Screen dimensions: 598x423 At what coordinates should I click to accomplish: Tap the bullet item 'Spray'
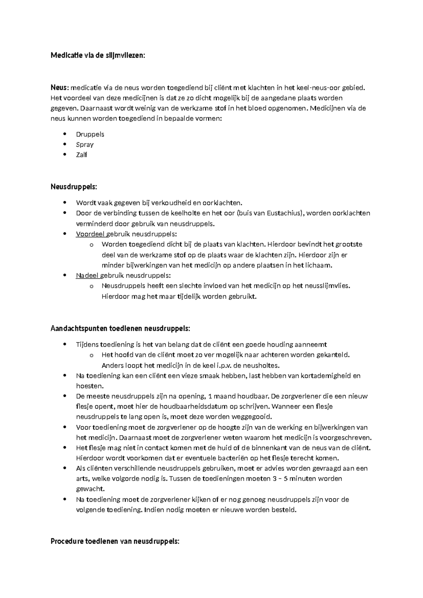tap(85, 145)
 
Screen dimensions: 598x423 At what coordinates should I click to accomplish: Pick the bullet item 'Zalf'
tap(81, 155)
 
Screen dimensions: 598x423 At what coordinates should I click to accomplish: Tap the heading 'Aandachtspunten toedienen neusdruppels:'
tap(120, 329)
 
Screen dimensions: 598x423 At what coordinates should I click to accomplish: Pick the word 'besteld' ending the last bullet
tap(285, 510)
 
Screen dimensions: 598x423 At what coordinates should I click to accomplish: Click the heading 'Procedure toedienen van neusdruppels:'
tap(115, 541)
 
